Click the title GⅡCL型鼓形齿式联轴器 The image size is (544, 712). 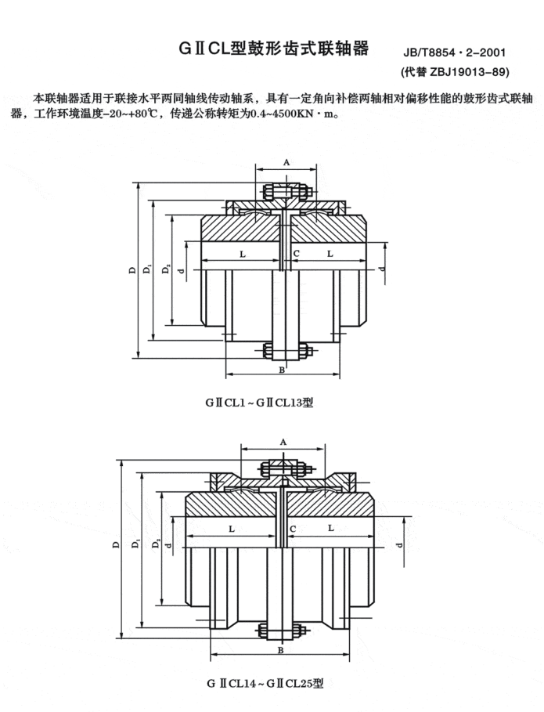[x=272, y=49]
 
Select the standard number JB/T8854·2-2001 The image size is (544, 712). [x=454, y=54]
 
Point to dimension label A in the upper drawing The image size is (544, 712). [x=287, y=161]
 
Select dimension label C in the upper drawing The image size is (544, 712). [x=295, y=254]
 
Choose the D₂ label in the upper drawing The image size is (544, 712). [x=165, y=270]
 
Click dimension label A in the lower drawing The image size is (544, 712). [x=283, y=443]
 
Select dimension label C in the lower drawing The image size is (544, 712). [x=291, y=529]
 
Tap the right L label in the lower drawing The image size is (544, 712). [x=331, y=529]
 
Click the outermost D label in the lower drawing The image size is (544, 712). [x=116, y=545]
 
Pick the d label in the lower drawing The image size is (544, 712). [x=399, y=545]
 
